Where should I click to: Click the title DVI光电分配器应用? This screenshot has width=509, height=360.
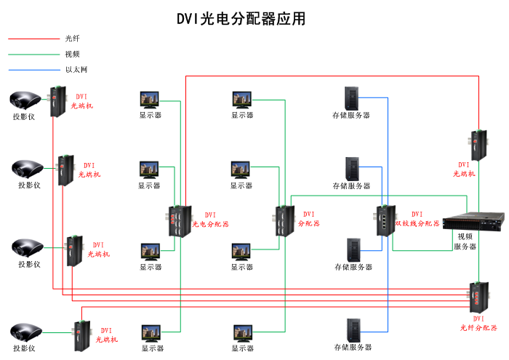pyautogui.click(x=241, y=19)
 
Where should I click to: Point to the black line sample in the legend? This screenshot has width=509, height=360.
pyautogui.click(x=33, y=39)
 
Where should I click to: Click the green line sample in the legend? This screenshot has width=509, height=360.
pyautogui.click(x=33, y=54)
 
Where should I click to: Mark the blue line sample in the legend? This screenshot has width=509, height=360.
pyautogui.click(x=33, y=70)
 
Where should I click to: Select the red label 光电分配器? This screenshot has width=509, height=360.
pyautogui.click(x=210, y=225)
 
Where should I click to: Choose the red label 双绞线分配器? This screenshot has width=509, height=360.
pyautogui.click(x=417, y=223)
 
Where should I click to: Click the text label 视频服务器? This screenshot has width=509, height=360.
pyautogui.click(x=465, y=241)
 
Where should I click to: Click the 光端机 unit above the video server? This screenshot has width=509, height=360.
pyautogui.click(x=479, y=145)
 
